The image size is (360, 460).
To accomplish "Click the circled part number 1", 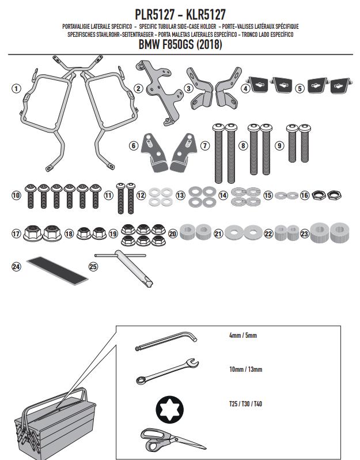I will point(16,89).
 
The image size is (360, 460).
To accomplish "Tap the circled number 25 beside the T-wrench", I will point(93,266).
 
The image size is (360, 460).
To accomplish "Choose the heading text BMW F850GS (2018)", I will point(180,44).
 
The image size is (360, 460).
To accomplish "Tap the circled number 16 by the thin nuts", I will point(305,196).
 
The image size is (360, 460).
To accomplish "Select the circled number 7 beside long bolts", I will point(204,146).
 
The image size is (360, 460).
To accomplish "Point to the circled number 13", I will point(180,196).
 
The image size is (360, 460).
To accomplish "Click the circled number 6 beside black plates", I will point(134,146).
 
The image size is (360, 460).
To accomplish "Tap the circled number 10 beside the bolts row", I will point(16,196).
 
